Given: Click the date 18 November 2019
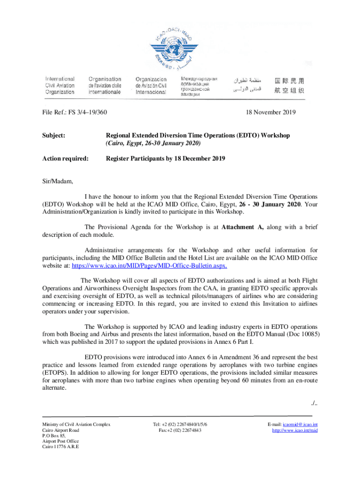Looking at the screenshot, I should [x=270, y=112].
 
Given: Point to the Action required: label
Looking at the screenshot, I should [x=65, y=159].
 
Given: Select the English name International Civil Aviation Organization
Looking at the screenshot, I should [x=60, y=86].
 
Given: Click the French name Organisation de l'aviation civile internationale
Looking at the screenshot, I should [x=105, y=86].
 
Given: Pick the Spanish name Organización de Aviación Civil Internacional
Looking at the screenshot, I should [x=151, y=86].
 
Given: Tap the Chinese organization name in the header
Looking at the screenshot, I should [x=289, y=86].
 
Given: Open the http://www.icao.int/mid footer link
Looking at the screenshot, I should [x=295, y=430].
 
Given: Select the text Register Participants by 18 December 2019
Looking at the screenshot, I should [x=166, y=159].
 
